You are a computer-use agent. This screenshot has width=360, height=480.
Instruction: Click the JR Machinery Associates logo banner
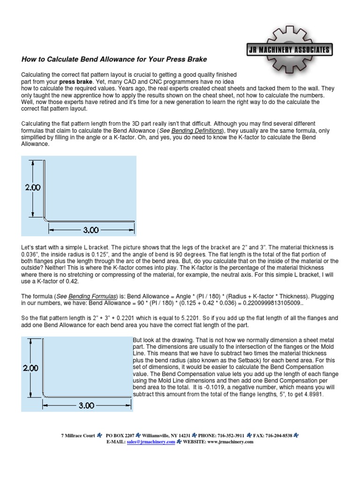(x=289, y=50)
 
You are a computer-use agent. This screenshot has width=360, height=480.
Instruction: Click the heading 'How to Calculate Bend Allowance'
(x=114, y=60)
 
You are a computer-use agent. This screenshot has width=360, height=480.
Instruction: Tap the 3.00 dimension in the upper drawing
(x=91, y=230)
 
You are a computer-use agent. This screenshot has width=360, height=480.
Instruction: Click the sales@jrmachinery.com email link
(x=150, y=442)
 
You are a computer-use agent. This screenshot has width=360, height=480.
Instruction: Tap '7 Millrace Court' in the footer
(x=78, y=435)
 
